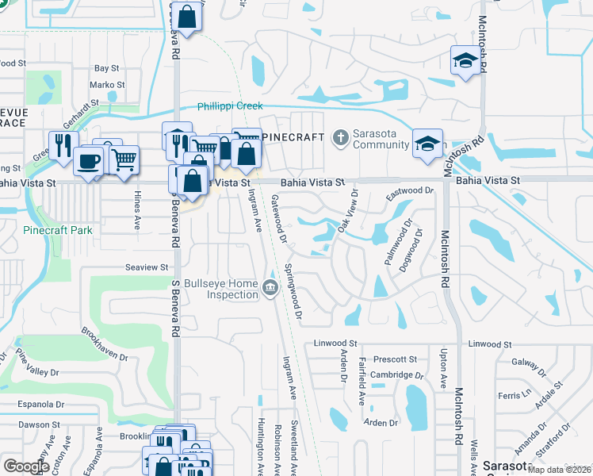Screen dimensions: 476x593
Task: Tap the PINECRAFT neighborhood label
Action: (293, 137)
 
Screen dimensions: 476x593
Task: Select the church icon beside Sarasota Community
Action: (340, 138)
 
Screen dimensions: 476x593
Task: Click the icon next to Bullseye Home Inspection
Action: (270, 287)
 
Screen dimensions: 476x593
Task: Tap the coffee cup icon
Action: (88, 161)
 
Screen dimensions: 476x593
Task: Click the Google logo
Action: (26, 466)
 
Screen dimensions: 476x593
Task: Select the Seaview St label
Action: (148, 268)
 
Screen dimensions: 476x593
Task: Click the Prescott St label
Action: (396, 359)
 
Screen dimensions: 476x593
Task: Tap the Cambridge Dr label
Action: (397, 375)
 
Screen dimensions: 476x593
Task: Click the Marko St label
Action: (107, 85)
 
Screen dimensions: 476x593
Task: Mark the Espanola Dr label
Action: (41, 404)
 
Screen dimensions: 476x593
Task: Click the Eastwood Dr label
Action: (411, 191)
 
